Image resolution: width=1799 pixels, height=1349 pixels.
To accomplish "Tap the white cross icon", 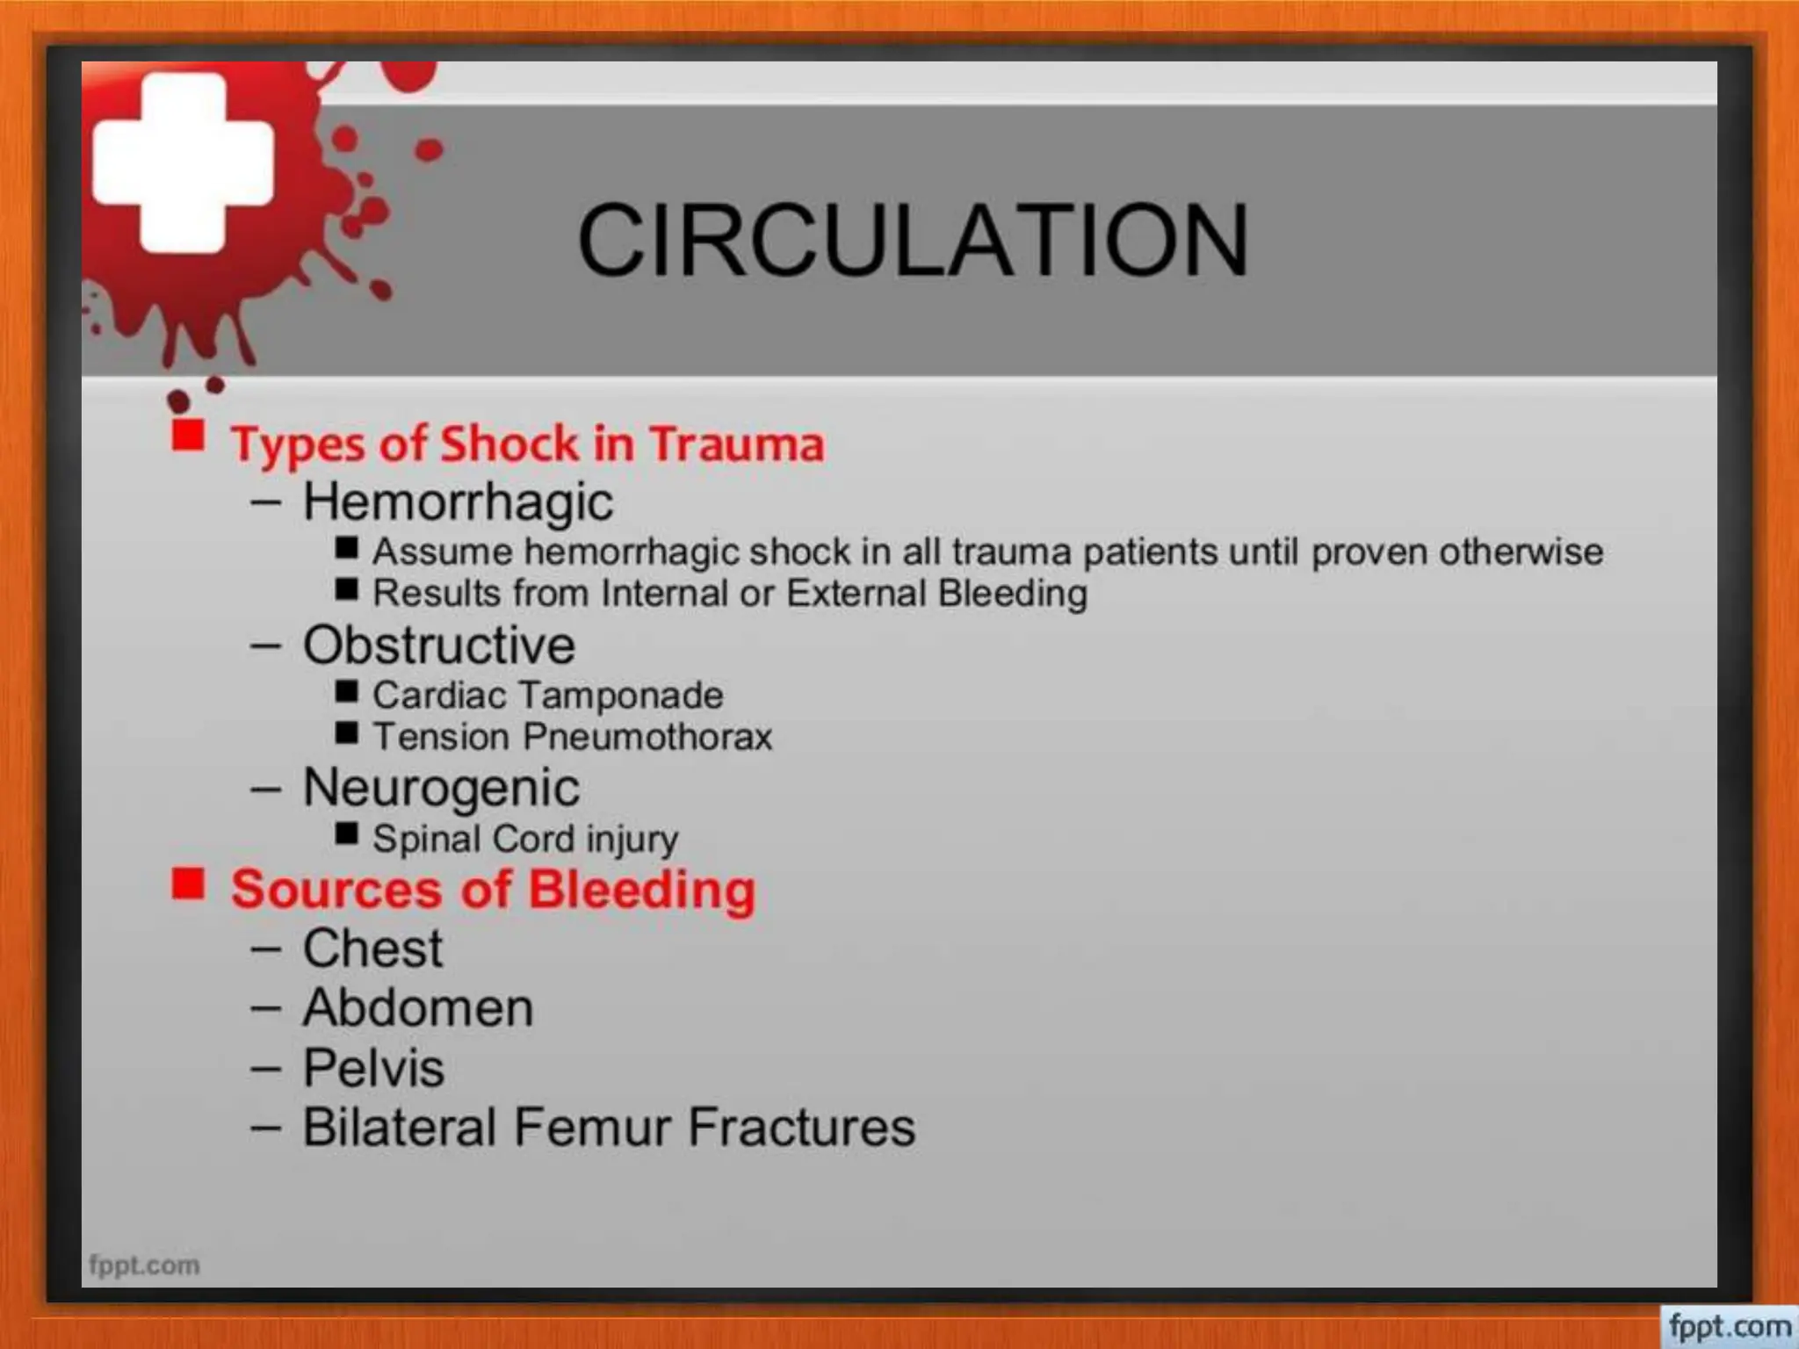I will point(183,163).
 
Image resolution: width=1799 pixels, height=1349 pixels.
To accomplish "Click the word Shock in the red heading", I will point(509,444).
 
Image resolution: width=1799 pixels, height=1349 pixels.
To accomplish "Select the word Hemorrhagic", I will point(458,501).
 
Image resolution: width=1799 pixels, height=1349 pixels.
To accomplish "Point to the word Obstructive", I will point(439,646).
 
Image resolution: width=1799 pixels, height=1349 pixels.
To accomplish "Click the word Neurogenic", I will point(441,788).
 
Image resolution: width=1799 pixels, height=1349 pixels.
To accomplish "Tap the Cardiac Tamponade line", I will point(547,696).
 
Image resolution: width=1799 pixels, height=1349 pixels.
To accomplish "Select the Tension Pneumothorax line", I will point(572,737).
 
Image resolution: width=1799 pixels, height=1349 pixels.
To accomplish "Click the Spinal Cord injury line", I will point(525,839).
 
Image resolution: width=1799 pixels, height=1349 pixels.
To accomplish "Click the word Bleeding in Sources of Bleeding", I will point(641,890).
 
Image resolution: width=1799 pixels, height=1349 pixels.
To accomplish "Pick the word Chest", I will point(372,949).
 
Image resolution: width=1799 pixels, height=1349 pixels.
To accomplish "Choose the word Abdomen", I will point(418,1007).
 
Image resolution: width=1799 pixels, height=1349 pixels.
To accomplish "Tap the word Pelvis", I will point(373,1068).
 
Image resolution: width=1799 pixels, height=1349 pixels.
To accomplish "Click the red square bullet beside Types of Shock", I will point(188,435).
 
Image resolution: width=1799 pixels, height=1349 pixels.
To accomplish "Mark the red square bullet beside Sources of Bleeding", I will point(188,884).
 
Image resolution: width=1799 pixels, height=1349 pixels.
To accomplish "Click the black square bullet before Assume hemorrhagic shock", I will point(346,548).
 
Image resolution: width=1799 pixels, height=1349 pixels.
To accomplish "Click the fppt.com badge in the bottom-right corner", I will point(1729,1326).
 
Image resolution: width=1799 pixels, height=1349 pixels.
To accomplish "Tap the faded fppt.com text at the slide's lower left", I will point(144,1266).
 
